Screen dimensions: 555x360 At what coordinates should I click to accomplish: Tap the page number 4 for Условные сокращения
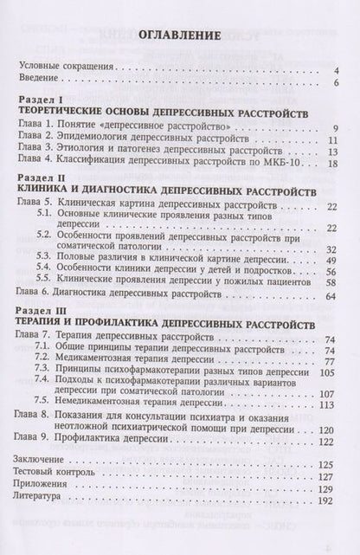(333, 70)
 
